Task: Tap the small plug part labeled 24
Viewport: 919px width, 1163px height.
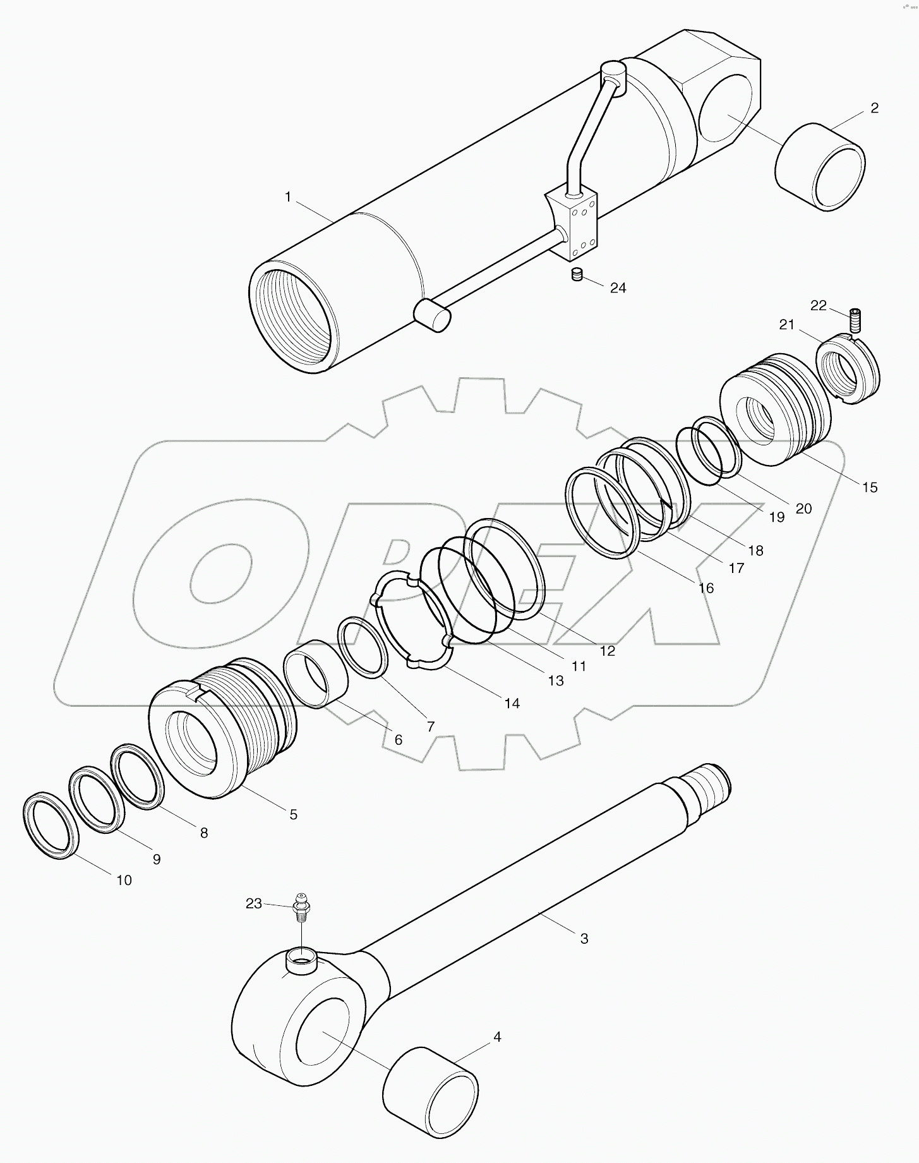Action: coord(576,274)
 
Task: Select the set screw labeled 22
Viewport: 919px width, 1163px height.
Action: coord(856,320)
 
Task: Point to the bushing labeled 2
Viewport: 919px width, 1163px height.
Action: coord(819,167)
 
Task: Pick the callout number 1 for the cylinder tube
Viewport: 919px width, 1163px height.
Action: coord(288,197)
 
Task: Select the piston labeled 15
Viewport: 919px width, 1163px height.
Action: coord(776,410)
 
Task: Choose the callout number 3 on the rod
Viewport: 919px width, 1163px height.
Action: coord(584,939)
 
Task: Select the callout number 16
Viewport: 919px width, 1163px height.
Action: coord(706,588)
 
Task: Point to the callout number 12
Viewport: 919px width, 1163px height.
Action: coord(607,651)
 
